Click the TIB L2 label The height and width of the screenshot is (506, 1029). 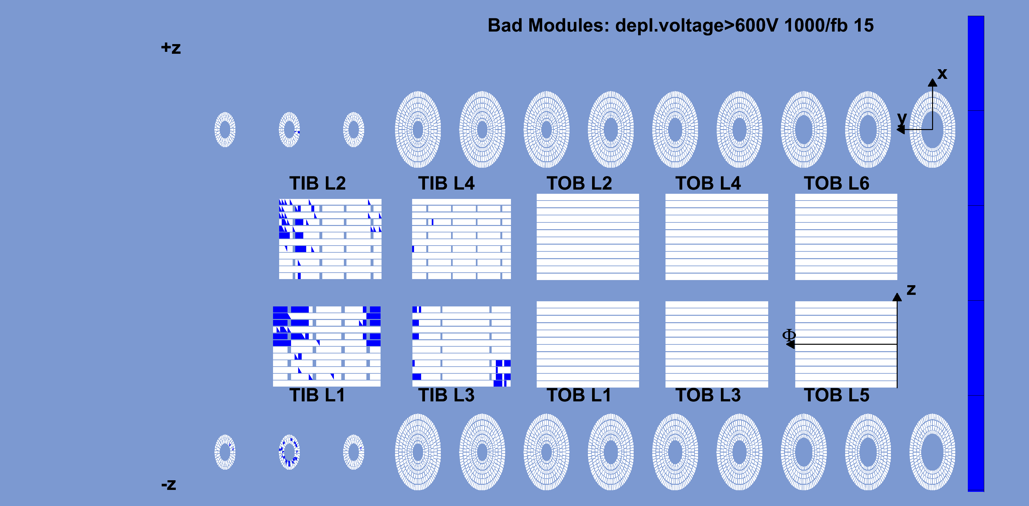click(x=317, y=183)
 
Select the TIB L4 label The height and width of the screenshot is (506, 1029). click(x=446, y=183)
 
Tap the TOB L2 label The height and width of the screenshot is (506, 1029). click(x=579, y=183)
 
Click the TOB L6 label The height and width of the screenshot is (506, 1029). click(x=836, y=183)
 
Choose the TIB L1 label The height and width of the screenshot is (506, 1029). click(x=317, y=395)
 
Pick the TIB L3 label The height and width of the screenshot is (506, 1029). click(x=446, y=395)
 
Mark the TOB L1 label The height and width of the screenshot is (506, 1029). click(x=579, y=395)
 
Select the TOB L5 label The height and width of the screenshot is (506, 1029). click(x=836, y=395)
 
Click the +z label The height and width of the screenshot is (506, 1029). click(x=171, y=48)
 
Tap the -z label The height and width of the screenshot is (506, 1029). click(x=169, y=484)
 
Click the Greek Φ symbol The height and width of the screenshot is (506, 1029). click(x=789, y=335)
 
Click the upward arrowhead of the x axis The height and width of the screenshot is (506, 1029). click(x=932, y=82)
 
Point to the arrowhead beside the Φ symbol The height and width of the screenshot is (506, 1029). click(x=790, y=344)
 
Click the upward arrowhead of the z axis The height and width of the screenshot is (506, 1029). click(x=897, y=297)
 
